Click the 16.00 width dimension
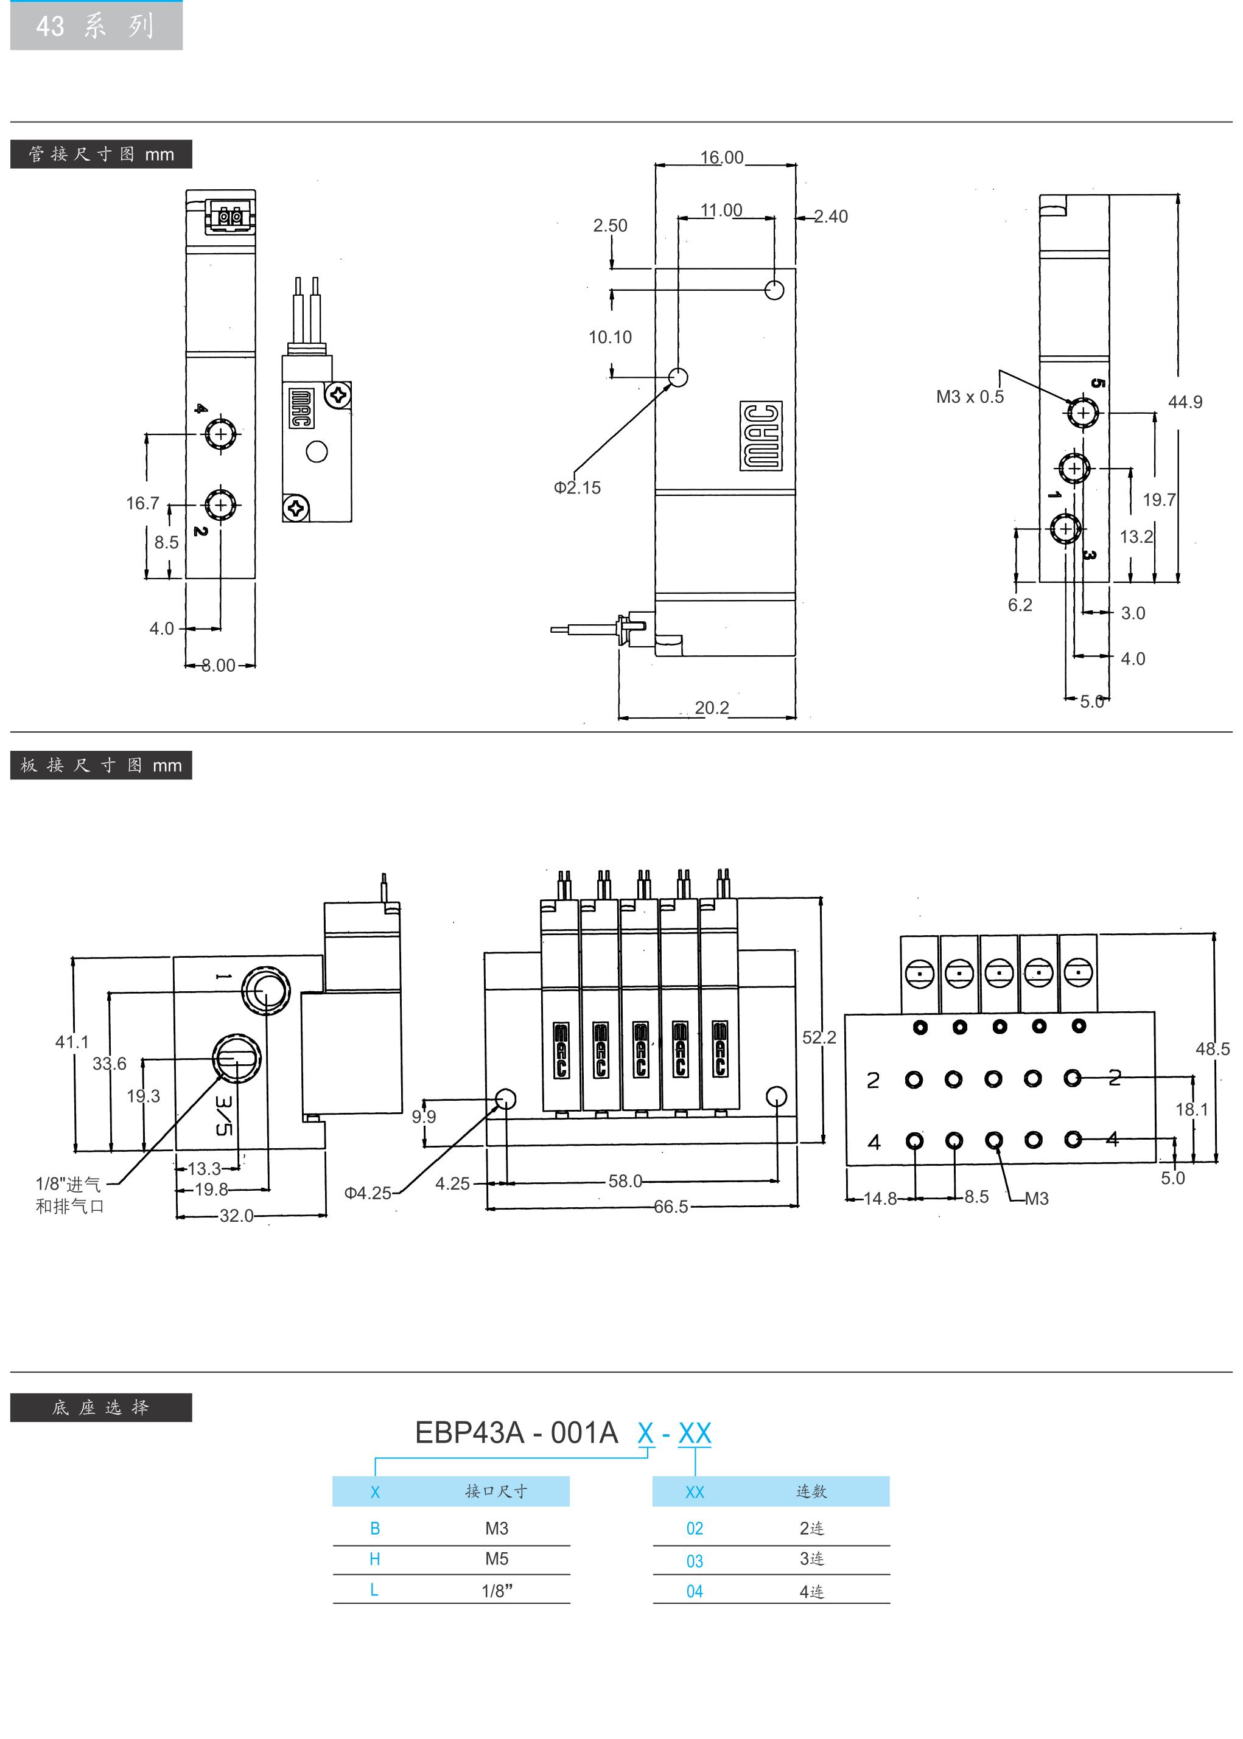coord(722,157)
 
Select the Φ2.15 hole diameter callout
coord(577,487)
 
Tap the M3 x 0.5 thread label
coord(970,396)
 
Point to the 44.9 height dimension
coord(1185,402)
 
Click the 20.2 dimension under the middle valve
coord(712,708)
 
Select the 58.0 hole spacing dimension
coord(625,1181)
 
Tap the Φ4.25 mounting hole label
coord(368,1193)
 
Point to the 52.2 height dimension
coord(819,1037)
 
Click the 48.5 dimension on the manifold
coord(1213,1049)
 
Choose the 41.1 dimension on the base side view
coord(72,1041)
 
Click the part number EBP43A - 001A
coord(516,1433)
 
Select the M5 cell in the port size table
coord(497,1558)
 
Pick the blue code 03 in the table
coord(694,1561)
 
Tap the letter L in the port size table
coord(374,1590)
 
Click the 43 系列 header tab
coord(96,26)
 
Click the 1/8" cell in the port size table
coord(497,1591)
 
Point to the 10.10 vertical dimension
coord(610,336)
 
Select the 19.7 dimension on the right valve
coord(1159,500)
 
